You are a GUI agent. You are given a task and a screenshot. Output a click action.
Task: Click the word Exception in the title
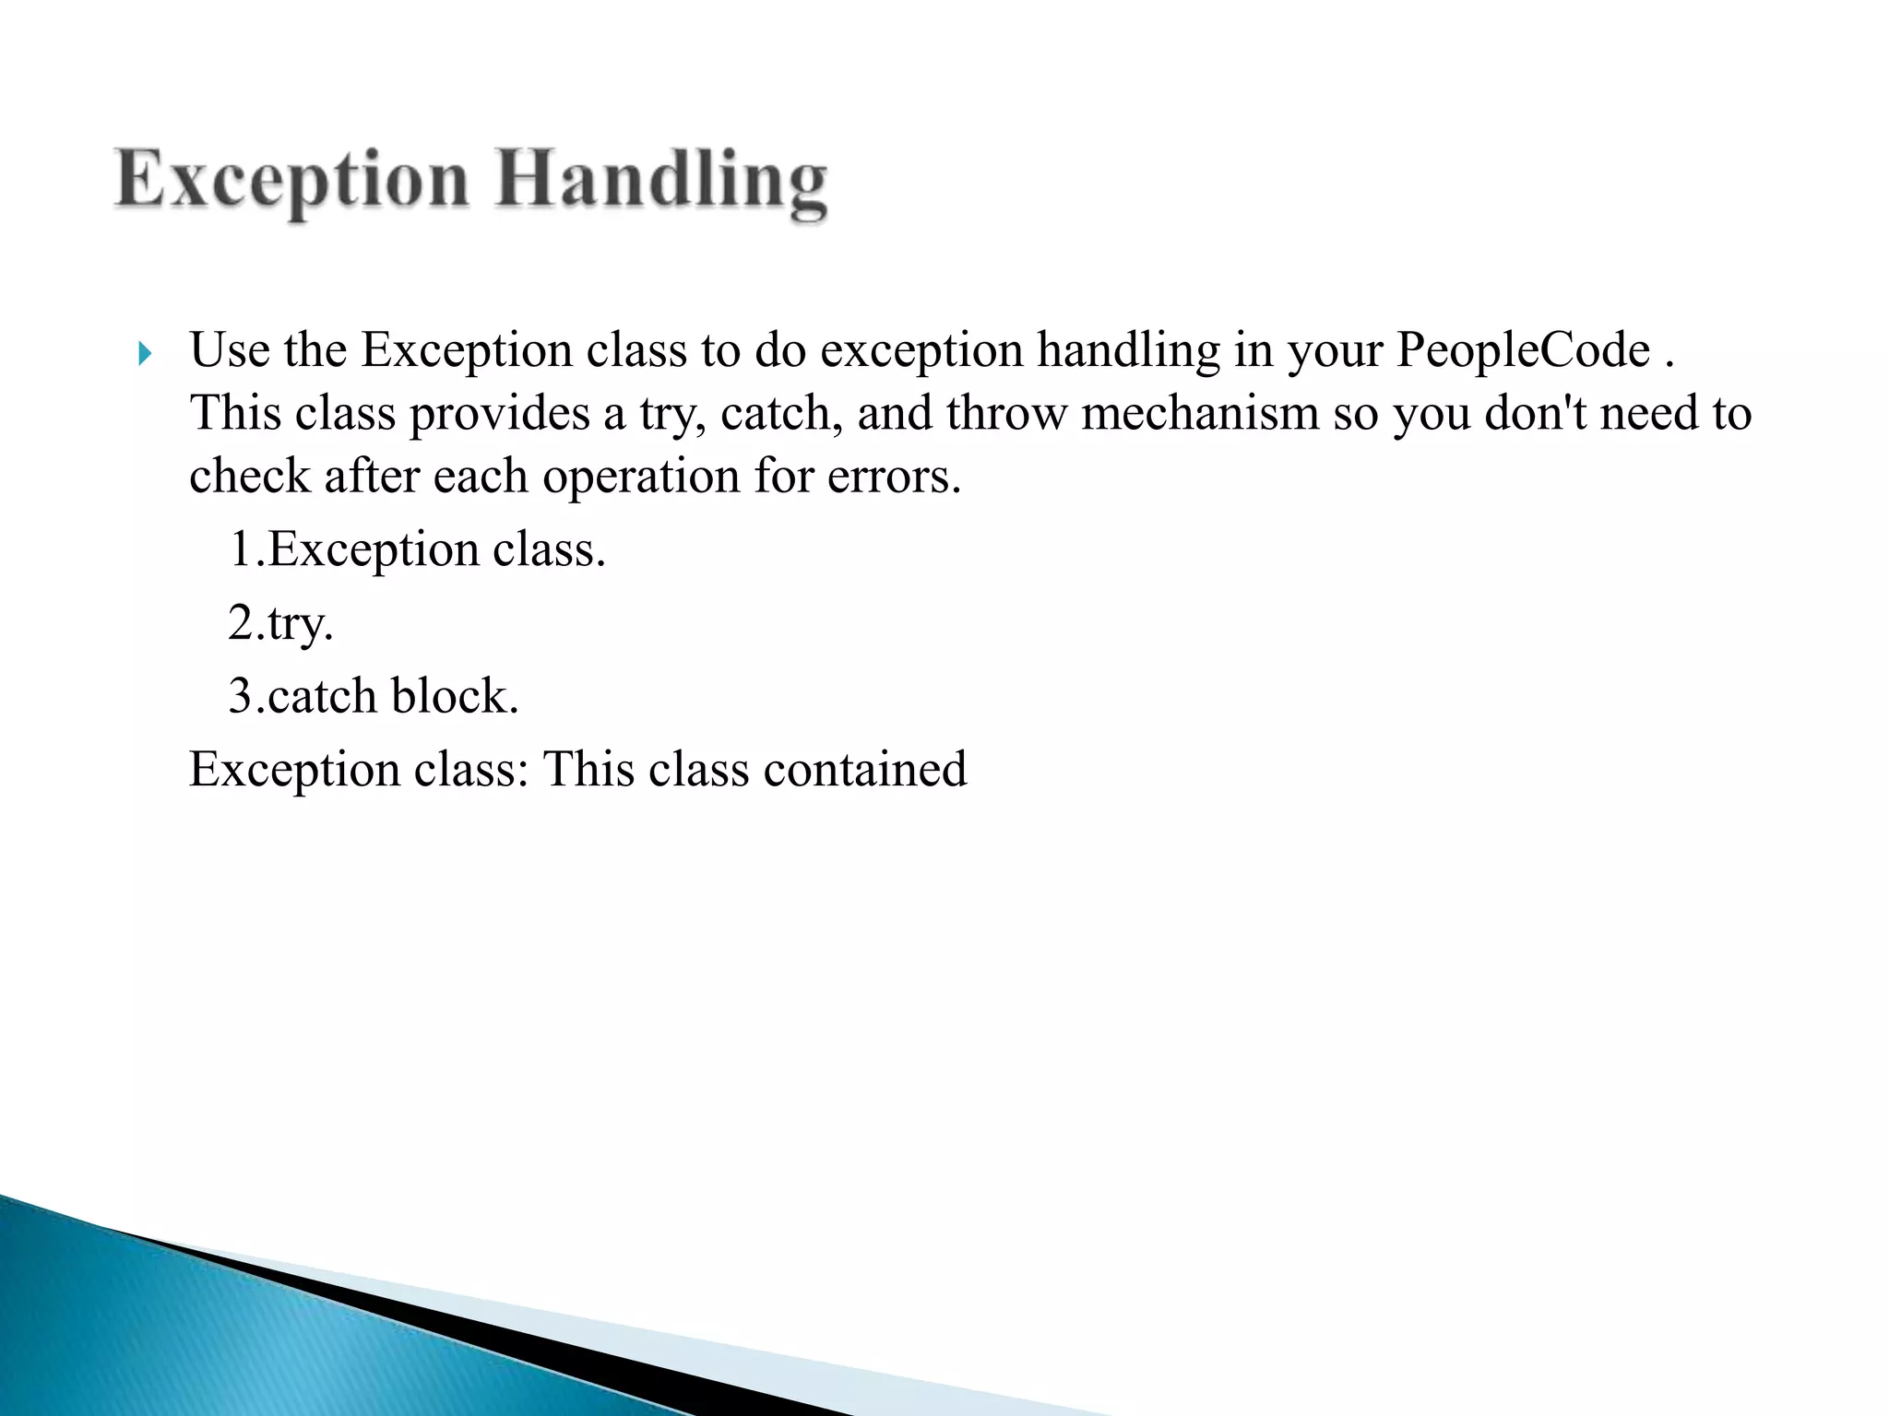(x=291, y=181)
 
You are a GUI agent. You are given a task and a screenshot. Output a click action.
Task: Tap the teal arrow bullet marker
(x=144, y=353)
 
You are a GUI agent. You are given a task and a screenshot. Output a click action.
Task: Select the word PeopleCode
(x=1522, y=351)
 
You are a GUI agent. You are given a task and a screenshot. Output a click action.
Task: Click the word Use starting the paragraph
(x=229, y=351)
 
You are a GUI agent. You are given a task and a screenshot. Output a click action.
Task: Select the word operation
(x=640, y=478)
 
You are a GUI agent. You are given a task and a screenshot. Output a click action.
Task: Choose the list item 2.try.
(x=280, y=624)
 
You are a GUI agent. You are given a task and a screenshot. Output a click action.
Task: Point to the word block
(x=454, y=697)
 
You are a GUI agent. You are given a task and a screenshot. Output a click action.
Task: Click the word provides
(x=499, y=414)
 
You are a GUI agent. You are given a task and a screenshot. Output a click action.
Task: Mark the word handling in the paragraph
(x=1127, y=351)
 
